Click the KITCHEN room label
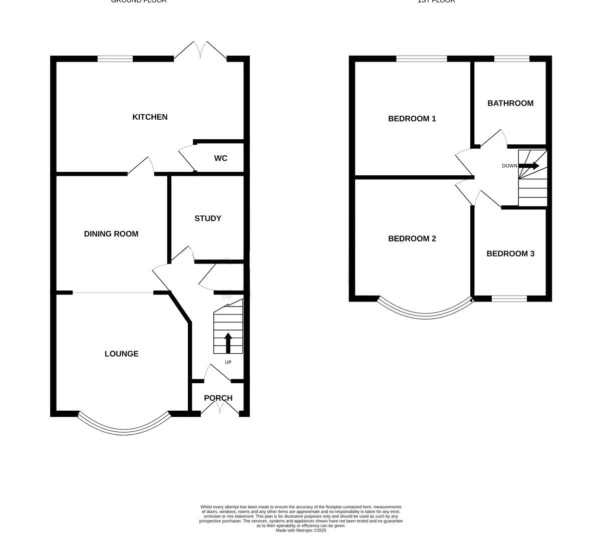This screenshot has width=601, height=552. tap(150, 117)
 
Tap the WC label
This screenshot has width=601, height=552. tap(220, 158)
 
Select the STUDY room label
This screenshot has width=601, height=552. tap(208, 218)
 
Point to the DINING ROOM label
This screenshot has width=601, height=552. tap(111, 234)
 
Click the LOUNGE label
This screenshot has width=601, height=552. tap(122, 354)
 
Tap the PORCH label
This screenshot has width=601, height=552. tap(218, 398)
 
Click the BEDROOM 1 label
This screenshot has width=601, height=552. tap(412, 119)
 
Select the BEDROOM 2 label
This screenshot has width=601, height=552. tap(412, 238)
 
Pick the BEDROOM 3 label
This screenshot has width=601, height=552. tap(510, 253)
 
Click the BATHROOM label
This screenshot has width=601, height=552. tap(510, 103)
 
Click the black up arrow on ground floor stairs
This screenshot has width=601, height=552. tap(228, 343)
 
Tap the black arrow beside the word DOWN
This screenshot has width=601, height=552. tap(529, 166)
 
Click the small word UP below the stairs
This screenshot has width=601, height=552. tap(228, 362)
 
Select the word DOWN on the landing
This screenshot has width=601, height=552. tap(509, 166)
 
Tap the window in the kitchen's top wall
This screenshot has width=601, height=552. tap(115, 59)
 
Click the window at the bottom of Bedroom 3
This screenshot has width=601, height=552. tap(509, 299)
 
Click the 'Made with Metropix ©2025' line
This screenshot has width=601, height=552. tap(300, 530)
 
